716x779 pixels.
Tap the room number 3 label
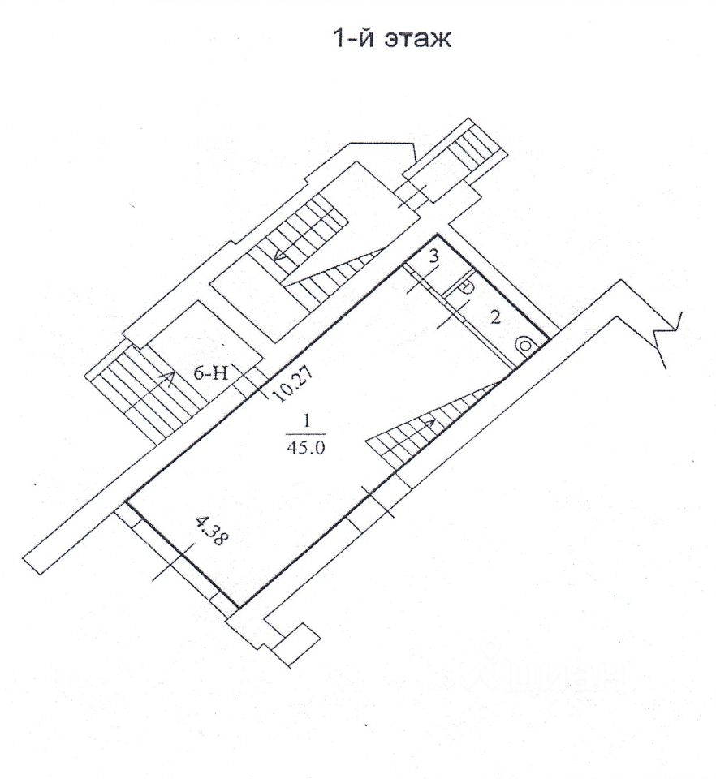pos(434,256)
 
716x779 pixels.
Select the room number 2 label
pos(493,317)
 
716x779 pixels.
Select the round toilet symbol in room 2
pos(527,346)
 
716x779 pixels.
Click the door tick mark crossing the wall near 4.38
pos(174,562)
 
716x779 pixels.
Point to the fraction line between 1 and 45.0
pos(305,436)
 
